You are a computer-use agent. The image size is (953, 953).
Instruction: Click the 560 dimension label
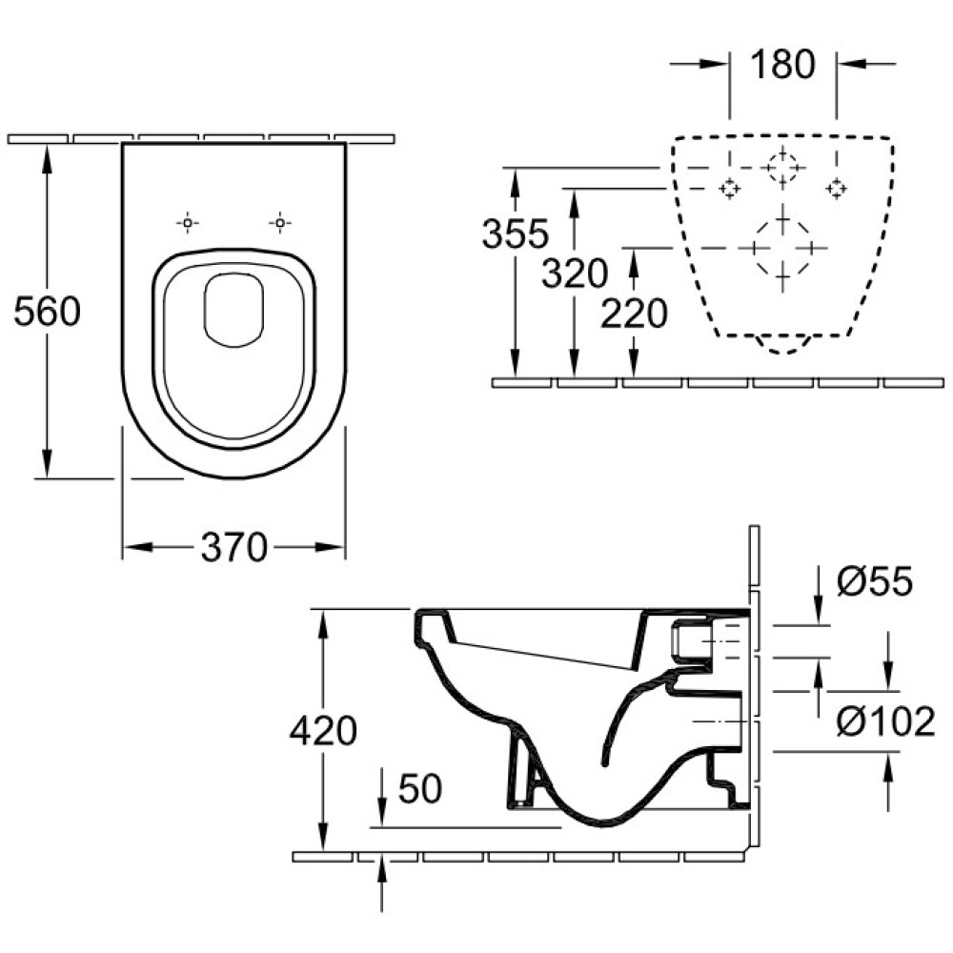pyautogui.click(x=47, y=312)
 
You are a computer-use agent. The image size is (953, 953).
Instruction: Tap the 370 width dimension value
pyautogui.click(x=234, y=547)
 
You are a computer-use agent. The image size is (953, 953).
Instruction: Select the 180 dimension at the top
pyautogui.click(x=782, y=64)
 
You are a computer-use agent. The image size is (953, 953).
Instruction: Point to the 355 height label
pyautogui.click(x=515, y=233)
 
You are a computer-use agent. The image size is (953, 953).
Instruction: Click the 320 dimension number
pyautogui.click(x=575, y=273)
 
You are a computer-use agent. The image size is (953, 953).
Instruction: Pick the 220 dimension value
pyautogui.click(x=634, y=314)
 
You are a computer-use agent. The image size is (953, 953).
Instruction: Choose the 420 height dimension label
pyautogui.click(x=323, y=731)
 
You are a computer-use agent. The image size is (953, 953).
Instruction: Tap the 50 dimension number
pyautogui.click(x=420, y=788)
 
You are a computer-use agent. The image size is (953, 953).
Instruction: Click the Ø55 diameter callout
pyautogui.click(x=875, y=580)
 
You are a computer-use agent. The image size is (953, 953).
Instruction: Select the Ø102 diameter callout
pyautogui.click(x=885, y=721)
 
